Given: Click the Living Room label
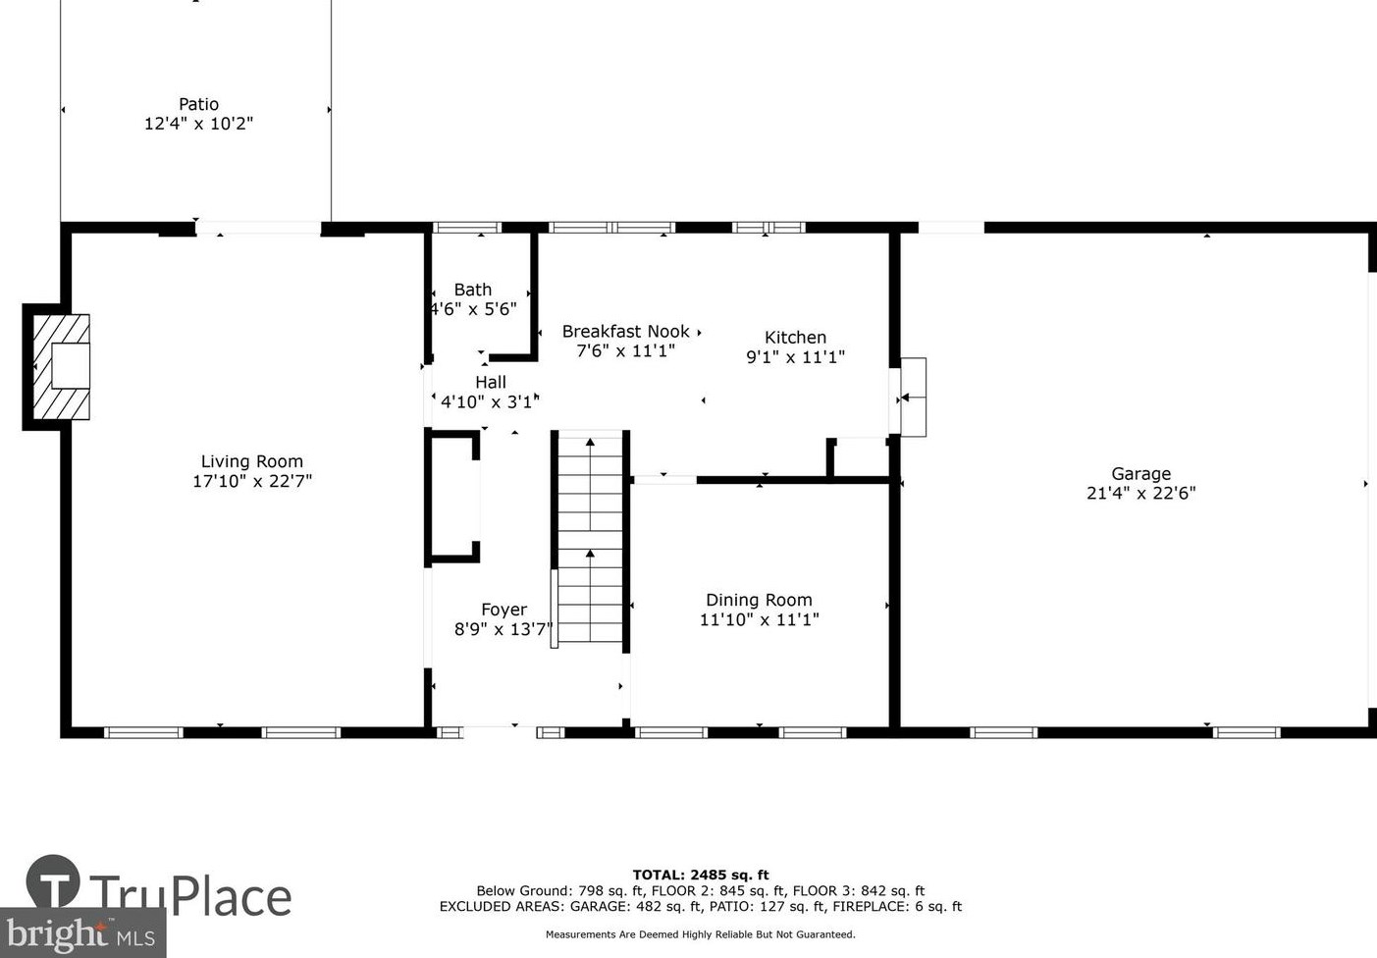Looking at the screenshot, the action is click(252, 461).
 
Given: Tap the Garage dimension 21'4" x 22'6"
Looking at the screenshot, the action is click(1140, 493).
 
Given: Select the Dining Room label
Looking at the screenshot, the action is click(760, 600).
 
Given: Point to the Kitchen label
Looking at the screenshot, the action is click(795, 337).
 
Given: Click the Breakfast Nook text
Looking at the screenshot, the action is click(626, 332).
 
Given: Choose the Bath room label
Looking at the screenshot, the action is click(473, 289).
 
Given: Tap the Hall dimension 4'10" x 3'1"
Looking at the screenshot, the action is click(491, 402).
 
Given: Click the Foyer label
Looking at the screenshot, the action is click(504, 610).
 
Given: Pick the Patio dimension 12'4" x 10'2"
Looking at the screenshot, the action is click(198, 124).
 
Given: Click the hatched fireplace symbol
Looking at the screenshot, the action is click(61, 367).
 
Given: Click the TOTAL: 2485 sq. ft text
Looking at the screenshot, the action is click(701, 875).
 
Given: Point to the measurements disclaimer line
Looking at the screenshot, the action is click(701, 934).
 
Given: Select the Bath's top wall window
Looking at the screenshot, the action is click(467, 228).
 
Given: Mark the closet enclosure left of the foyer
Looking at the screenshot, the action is click(452, 497).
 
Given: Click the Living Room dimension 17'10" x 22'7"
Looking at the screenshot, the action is click(252, 481).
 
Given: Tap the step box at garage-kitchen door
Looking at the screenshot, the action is click(914, 398).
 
